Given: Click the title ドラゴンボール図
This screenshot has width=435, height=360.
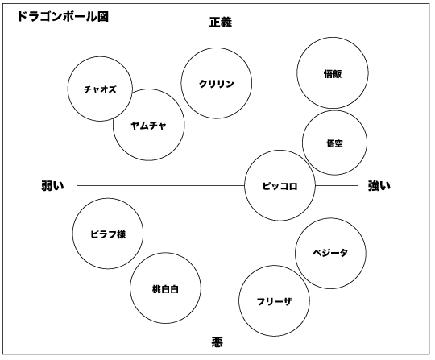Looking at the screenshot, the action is click(x=63, y=17).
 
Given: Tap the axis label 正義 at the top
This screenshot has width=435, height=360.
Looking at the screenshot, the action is click(x=221, y=23).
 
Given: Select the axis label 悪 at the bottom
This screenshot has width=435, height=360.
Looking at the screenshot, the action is click(x=217, y=341).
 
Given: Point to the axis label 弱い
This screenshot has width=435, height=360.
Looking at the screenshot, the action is click(x=52, y=185).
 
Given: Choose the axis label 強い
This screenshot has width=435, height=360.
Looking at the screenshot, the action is click(x=379, y=185).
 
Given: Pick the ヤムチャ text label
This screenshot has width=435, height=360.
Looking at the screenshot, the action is click(x=148, y=126).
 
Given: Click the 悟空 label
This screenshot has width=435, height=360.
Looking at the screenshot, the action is click(x=334, y=143).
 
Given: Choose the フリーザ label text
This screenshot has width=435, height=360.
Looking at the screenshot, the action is click(x=274, y=301).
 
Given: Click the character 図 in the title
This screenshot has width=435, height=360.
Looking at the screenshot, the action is click(x=103, y=17).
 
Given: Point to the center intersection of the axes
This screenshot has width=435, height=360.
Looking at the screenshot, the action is click(x=217, y=185).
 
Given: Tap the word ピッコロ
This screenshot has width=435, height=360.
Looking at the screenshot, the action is click(x=280, y=186).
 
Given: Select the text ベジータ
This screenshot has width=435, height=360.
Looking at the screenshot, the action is click(x=330, y=253).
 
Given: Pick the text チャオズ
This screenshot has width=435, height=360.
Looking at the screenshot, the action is click(x=100, y=89).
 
